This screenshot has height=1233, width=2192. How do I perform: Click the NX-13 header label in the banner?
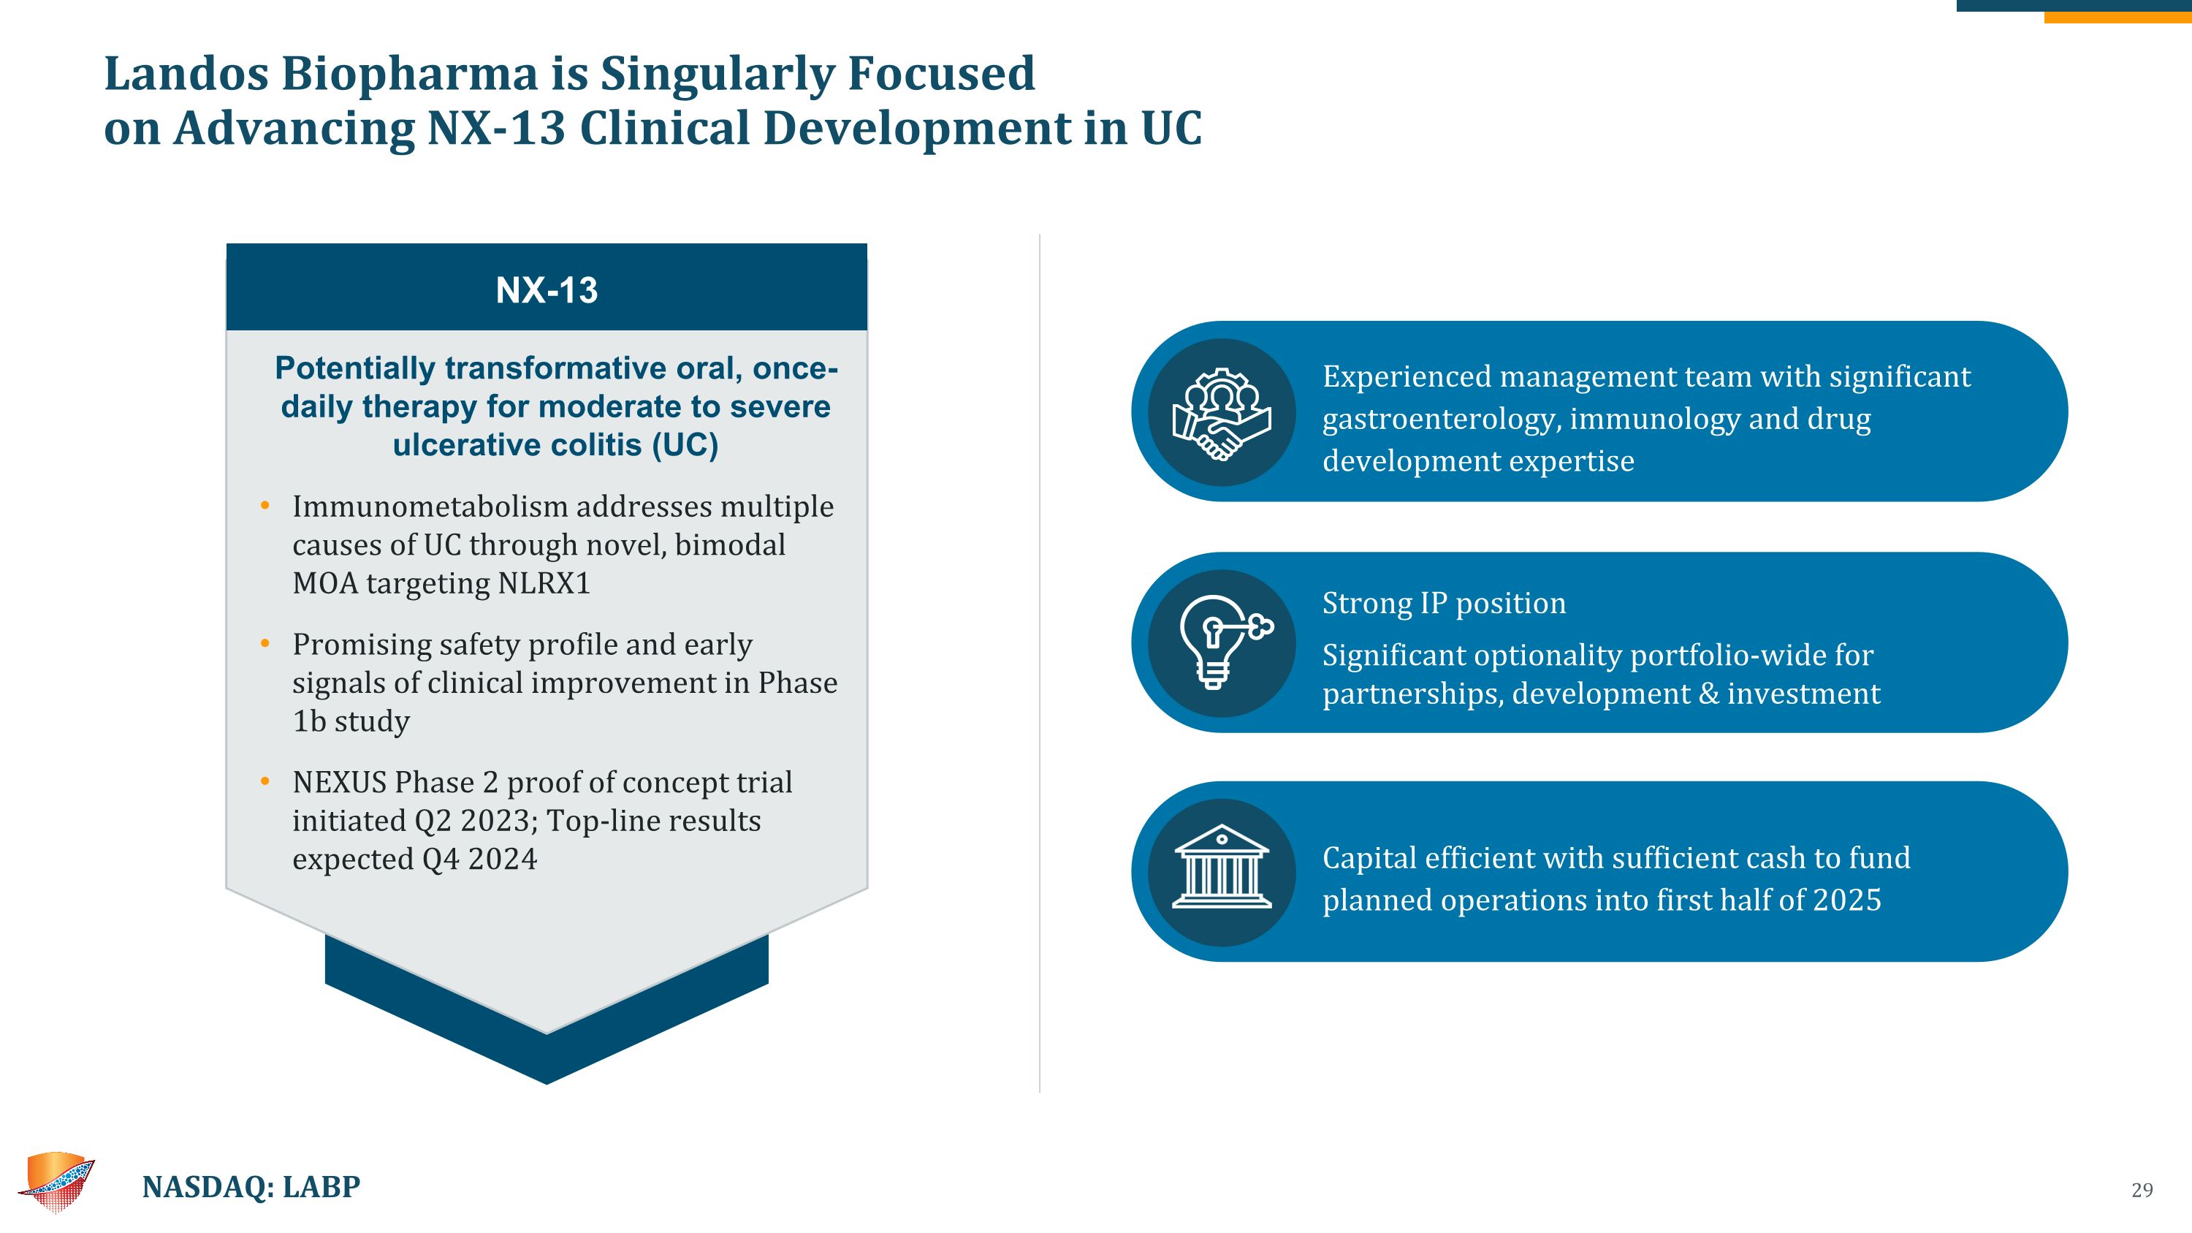click(x=547, y=290)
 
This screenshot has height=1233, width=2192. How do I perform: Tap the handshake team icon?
click(x=1221, y=413)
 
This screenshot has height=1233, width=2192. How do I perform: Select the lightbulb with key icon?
click(x=1221, y=642)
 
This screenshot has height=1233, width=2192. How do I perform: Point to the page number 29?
click(x=2142, y=1190)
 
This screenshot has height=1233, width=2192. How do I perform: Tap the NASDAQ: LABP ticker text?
click(x=251, y=1186)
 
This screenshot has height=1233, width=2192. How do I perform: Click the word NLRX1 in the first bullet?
click(x=544, y=584)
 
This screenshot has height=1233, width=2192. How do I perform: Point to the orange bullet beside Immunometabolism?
click(x=265, y=507)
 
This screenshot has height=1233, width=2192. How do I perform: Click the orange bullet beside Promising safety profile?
click(x=265, y=644)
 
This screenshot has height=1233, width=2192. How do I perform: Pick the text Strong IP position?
click(x=1443, y=603)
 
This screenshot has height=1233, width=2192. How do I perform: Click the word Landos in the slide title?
click(x=186, y=73)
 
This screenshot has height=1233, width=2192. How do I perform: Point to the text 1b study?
click(x=351, y=721)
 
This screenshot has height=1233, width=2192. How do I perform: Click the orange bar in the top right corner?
click(x=2117, y=17)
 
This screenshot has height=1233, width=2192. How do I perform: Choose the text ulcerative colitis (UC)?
click(x=555, y=445)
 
